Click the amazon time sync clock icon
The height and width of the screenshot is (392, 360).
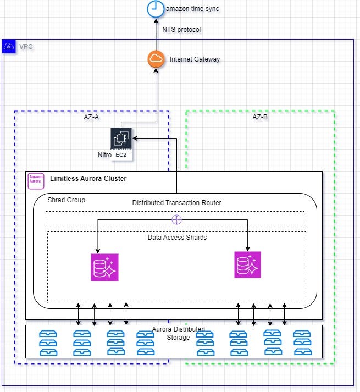point(154,9)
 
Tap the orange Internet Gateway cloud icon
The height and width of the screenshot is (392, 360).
point(156,59)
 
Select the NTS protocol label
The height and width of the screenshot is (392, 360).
point(182,30)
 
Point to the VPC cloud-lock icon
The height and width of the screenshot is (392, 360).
point(9,47)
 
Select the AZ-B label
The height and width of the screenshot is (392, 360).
point(260,117)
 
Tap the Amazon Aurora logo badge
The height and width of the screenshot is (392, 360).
point(36,181)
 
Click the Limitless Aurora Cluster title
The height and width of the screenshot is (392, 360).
point(88,179)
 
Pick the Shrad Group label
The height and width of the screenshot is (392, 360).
point(67,200)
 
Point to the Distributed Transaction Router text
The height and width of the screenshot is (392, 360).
point(176,203)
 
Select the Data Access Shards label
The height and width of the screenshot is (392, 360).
point(177,238)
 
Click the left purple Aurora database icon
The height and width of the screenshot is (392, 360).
point(104,267)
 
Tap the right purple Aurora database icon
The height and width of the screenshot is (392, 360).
point(247,265)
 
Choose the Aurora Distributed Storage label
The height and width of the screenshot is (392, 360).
point(178,333)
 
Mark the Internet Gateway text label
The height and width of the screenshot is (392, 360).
point(195,59)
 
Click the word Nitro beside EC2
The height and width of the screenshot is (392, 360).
point(104,156)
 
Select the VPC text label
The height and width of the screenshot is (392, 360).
point(26,47)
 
